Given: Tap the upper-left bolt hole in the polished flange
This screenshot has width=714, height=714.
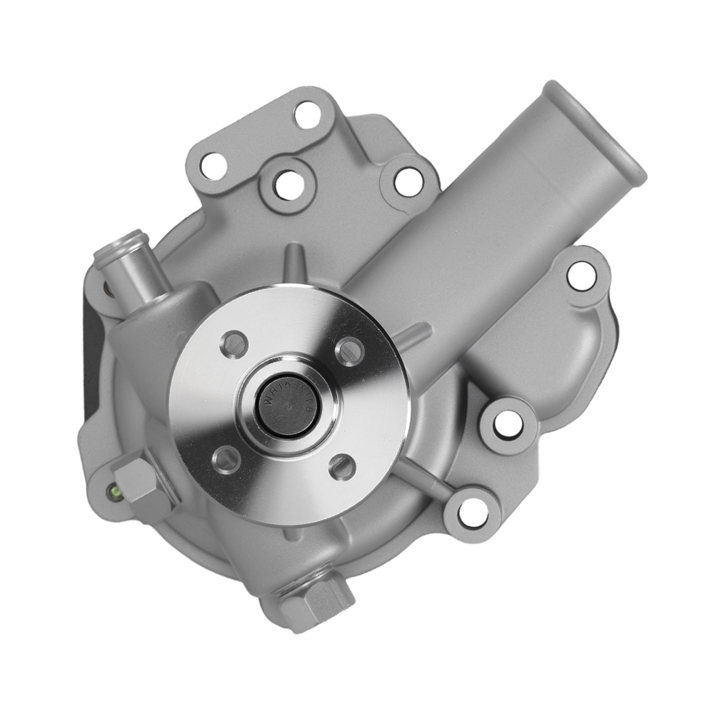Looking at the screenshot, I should (233, 344).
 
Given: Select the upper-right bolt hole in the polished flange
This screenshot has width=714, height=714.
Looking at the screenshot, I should (349, 350).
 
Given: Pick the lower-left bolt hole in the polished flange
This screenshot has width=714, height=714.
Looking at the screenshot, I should (226, 458).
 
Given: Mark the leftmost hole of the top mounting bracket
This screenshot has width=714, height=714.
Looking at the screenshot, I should (212, 165).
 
